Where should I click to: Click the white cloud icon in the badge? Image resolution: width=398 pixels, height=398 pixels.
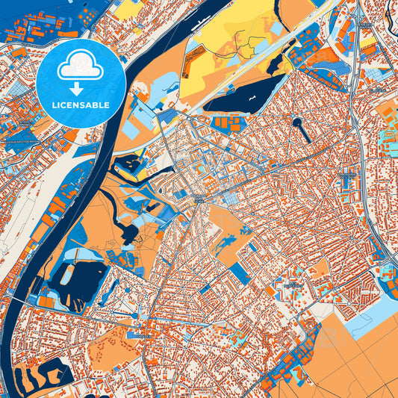pos(81,66)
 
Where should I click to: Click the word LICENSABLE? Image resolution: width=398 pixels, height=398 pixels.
pos(81,105)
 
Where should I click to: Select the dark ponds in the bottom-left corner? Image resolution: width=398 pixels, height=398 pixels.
pos(41,377)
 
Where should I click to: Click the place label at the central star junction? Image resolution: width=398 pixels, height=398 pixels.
pos(199,200)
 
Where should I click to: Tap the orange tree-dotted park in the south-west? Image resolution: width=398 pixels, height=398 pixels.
pos(112,351)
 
